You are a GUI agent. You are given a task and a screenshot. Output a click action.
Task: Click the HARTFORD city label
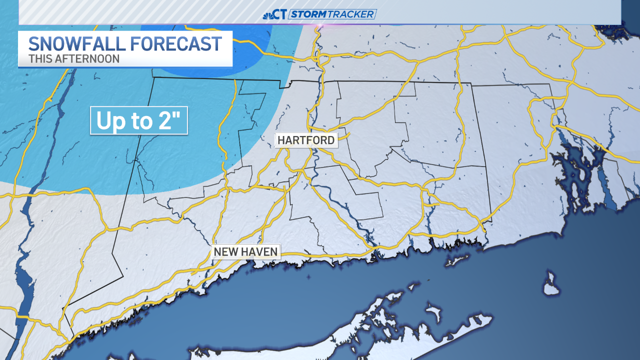(x=306, y=140)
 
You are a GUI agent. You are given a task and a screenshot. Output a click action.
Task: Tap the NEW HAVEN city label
(x=245, y=251)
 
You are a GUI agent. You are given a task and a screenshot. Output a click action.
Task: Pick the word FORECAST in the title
(x=176, y=44)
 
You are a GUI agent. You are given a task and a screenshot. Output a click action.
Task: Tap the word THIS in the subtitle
(x=39, y=58)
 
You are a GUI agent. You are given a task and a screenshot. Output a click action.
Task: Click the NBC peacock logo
(x=268, y=14)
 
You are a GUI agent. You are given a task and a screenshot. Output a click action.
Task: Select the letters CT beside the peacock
(x=280, y=14)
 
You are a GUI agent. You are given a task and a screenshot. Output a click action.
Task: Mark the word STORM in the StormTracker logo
(x=308, y=14)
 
